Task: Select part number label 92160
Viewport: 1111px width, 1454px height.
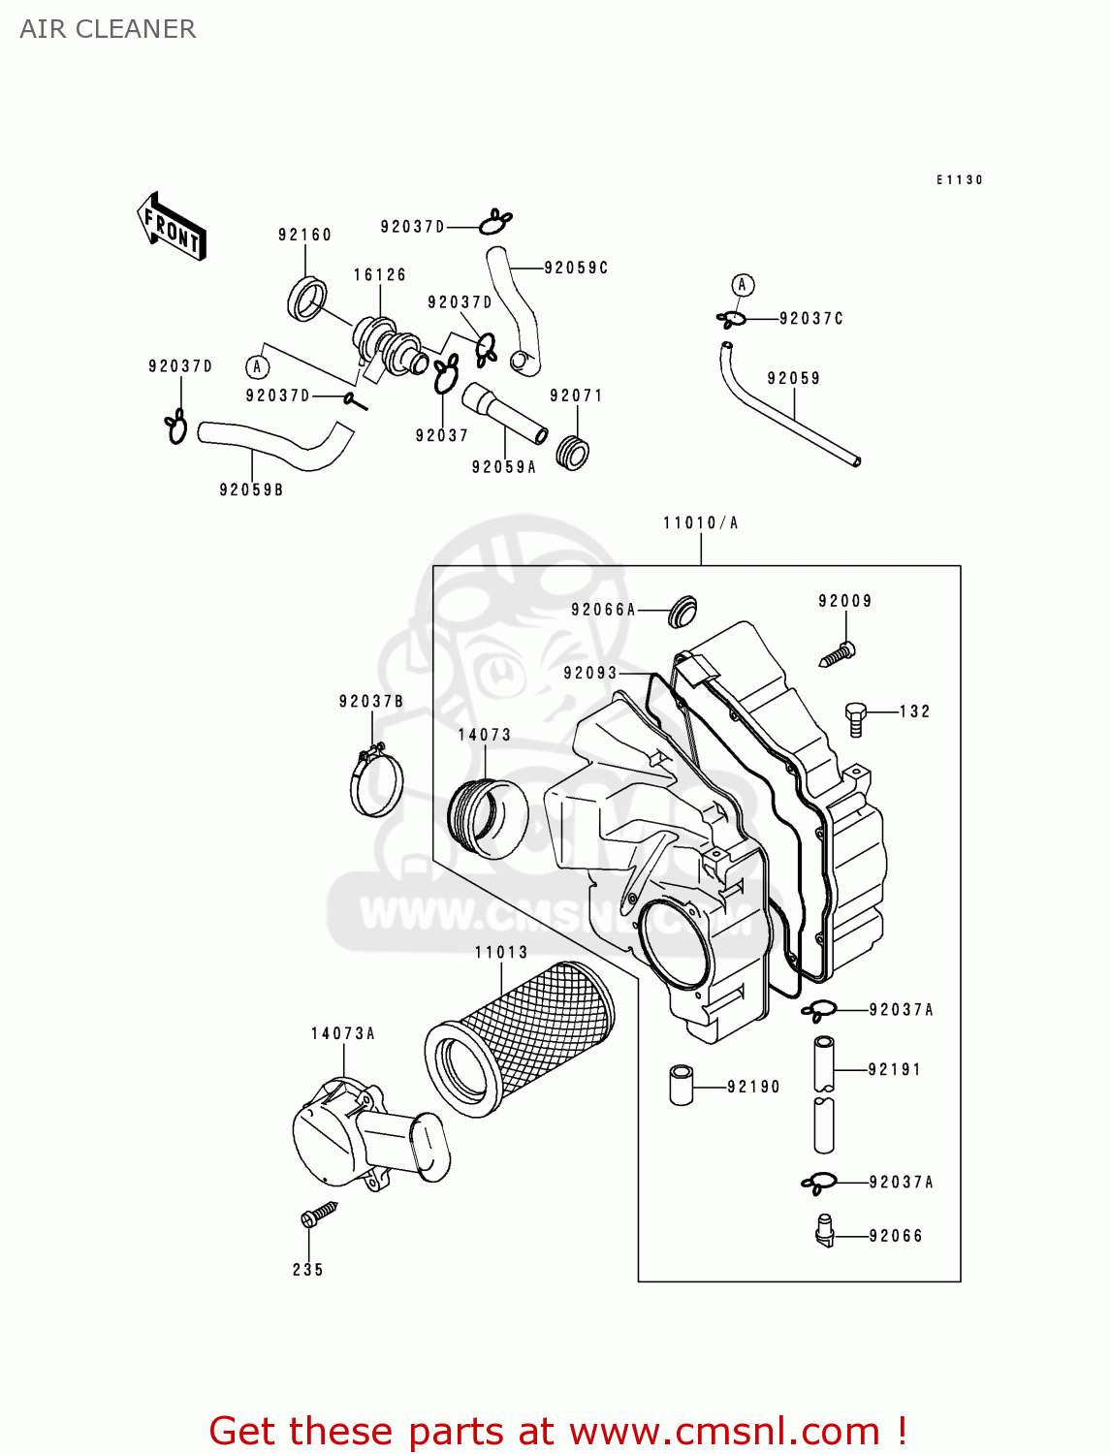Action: (x=304, y=235)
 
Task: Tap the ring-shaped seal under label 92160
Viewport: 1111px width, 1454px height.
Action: (x=307, y=299)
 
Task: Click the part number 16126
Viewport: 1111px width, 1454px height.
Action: (x=379, y=275)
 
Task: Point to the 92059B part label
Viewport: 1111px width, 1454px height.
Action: (x=251, y=490)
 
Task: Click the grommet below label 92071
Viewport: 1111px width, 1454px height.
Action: (x=573, y=453)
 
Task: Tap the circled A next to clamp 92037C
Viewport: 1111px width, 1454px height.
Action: (x=742, y=285)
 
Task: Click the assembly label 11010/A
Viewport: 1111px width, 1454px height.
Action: (x=700, y=523)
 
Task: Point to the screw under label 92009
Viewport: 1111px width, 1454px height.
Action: (x=838, y=655)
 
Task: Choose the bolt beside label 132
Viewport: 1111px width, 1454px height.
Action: (x=855, y=718)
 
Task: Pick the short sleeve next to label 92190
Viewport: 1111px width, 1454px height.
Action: (x=682, y=1086)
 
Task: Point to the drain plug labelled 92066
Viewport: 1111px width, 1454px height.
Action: (x=824, y=1232)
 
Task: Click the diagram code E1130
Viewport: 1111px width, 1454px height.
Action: (x=959, y=180)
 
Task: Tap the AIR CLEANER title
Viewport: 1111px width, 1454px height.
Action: (x=108, y=29)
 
